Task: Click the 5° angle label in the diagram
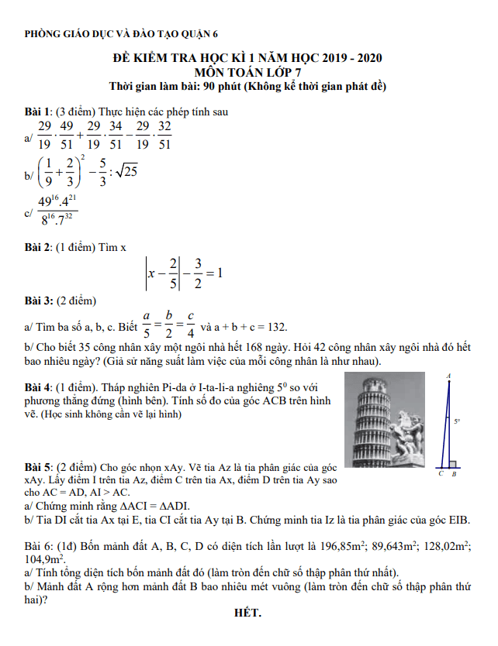click(x=458, y=421)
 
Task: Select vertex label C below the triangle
click(x=441, y=473)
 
